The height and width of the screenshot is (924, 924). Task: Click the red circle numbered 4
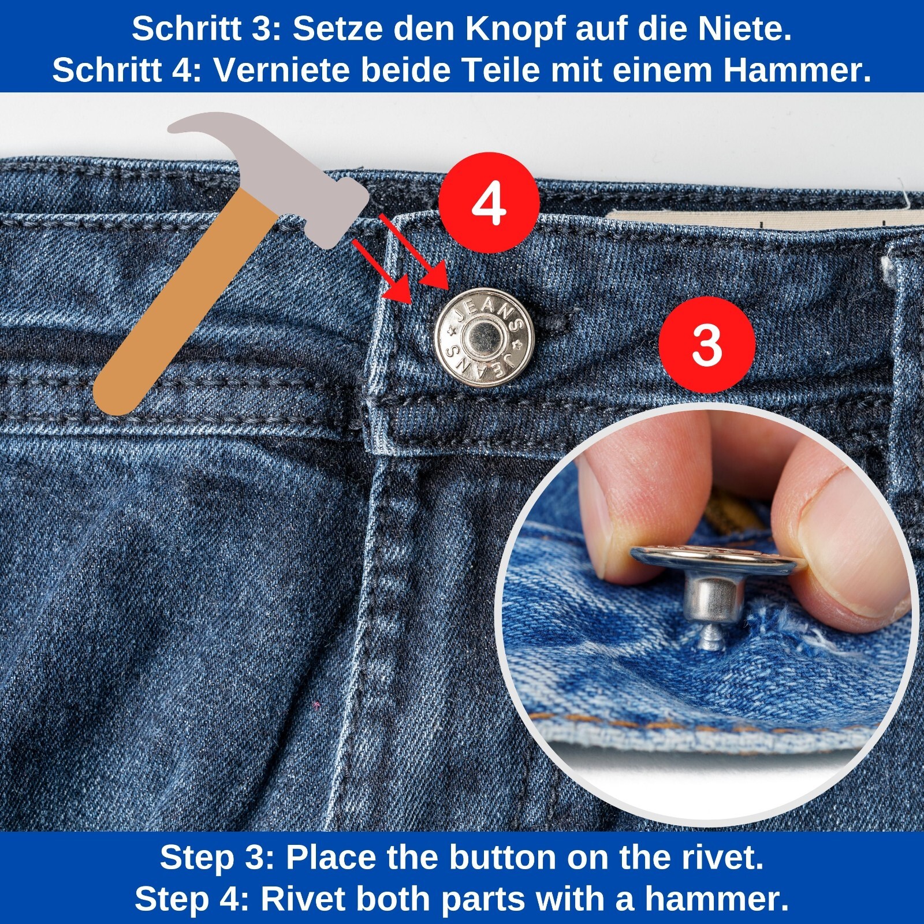tap(489, 203)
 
